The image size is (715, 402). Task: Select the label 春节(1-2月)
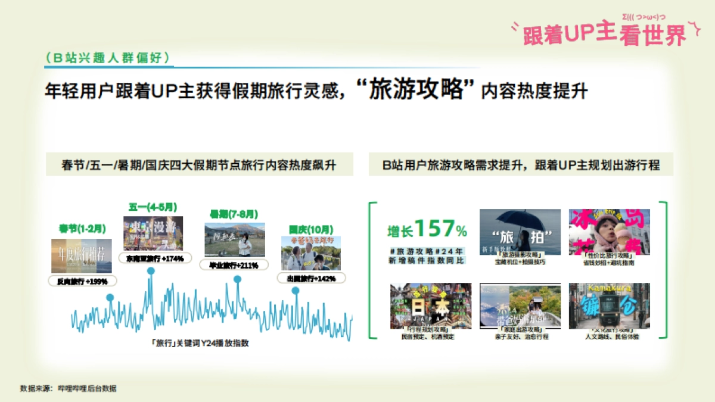(82, 228)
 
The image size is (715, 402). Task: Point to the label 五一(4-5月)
(153, 207)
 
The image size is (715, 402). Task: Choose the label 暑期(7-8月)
(225, 213)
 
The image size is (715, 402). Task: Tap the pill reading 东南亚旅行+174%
(154, 258)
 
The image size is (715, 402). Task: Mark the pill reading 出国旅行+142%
(311, 278)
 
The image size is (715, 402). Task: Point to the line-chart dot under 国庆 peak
(296, 290)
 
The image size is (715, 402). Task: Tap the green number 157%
(440, 229)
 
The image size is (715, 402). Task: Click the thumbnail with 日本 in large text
(431, 306)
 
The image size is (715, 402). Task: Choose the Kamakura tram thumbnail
(609, 306)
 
